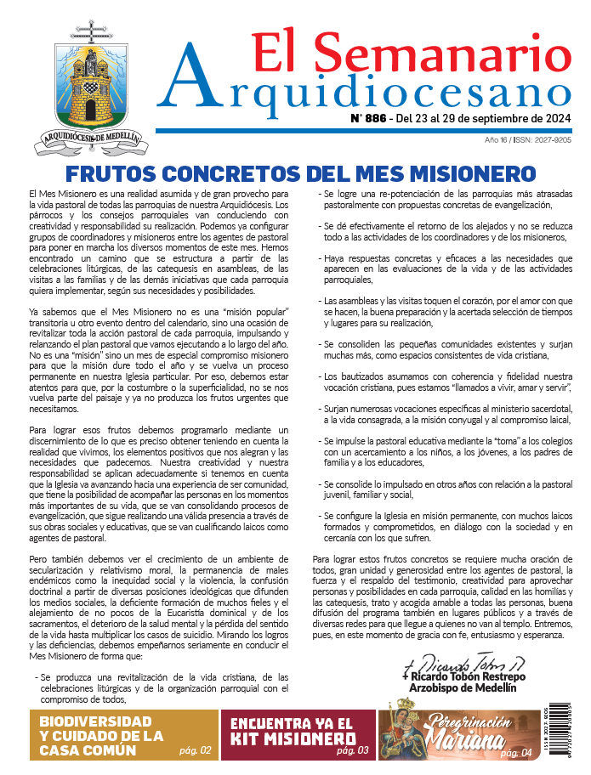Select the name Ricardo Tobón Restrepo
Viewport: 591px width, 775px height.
click(x=468, y=676)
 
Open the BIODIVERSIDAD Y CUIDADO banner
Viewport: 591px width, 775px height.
click(x=101, y=735)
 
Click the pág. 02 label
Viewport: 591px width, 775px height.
click(x=196, y=751)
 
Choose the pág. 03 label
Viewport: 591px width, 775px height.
click(x=352, y=751)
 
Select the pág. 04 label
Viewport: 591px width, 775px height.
click(x=516, y=753)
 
